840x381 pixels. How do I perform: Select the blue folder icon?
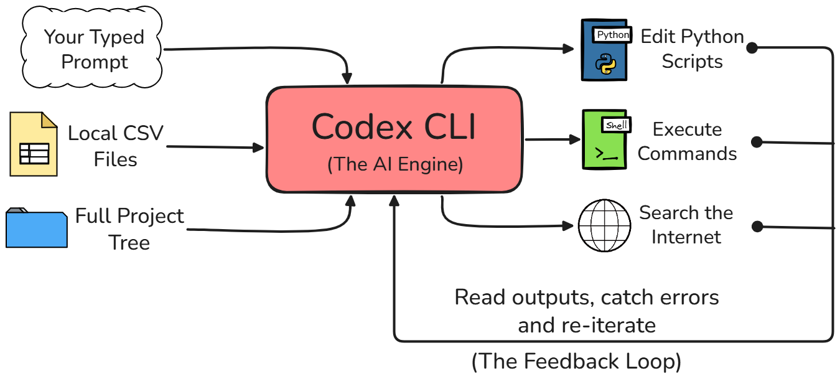[x=36, y=228]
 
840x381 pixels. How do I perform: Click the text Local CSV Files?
[x=116, y=146]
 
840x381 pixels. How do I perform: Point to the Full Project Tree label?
[x=129, y=228]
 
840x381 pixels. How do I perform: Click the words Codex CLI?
[x=394, y=128]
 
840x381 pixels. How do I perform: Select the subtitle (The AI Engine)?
[x=395, y=164]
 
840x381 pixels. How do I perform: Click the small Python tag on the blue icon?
[x=613, y=35]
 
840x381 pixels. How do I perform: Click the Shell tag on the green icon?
[x=616, y=125]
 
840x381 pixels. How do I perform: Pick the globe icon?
[x=604, y=225]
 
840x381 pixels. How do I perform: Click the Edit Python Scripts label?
[x=692, y=49]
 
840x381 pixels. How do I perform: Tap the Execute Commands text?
[x=687, y=141]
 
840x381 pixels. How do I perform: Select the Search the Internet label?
[x=686, y=225]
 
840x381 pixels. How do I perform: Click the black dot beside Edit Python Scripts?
[x=752, y=48]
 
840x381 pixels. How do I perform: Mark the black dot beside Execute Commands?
[x=757, y=142]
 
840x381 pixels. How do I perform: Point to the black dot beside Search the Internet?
[x=757, y=227]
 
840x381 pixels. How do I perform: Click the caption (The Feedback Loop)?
[x=576, y=362]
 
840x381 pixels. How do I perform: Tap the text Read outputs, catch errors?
[x=587, y=298]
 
